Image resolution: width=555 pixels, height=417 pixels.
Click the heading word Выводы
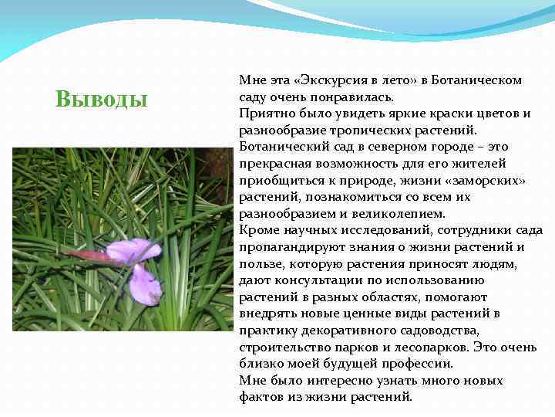[102, 100]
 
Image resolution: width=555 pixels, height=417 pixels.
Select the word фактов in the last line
[261, 398]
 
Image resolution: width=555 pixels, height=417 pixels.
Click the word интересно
[345, 381]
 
